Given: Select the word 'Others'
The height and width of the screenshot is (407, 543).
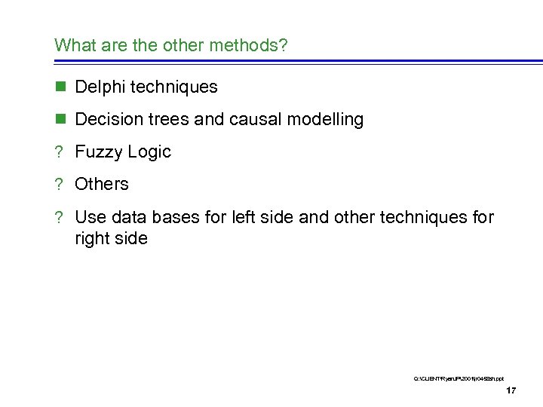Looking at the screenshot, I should click(x=102, y=184).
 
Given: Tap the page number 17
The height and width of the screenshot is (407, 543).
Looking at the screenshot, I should click(x=511, y=390).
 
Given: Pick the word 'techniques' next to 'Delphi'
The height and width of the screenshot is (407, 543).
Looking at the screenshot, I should click(x=174, y=87).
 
